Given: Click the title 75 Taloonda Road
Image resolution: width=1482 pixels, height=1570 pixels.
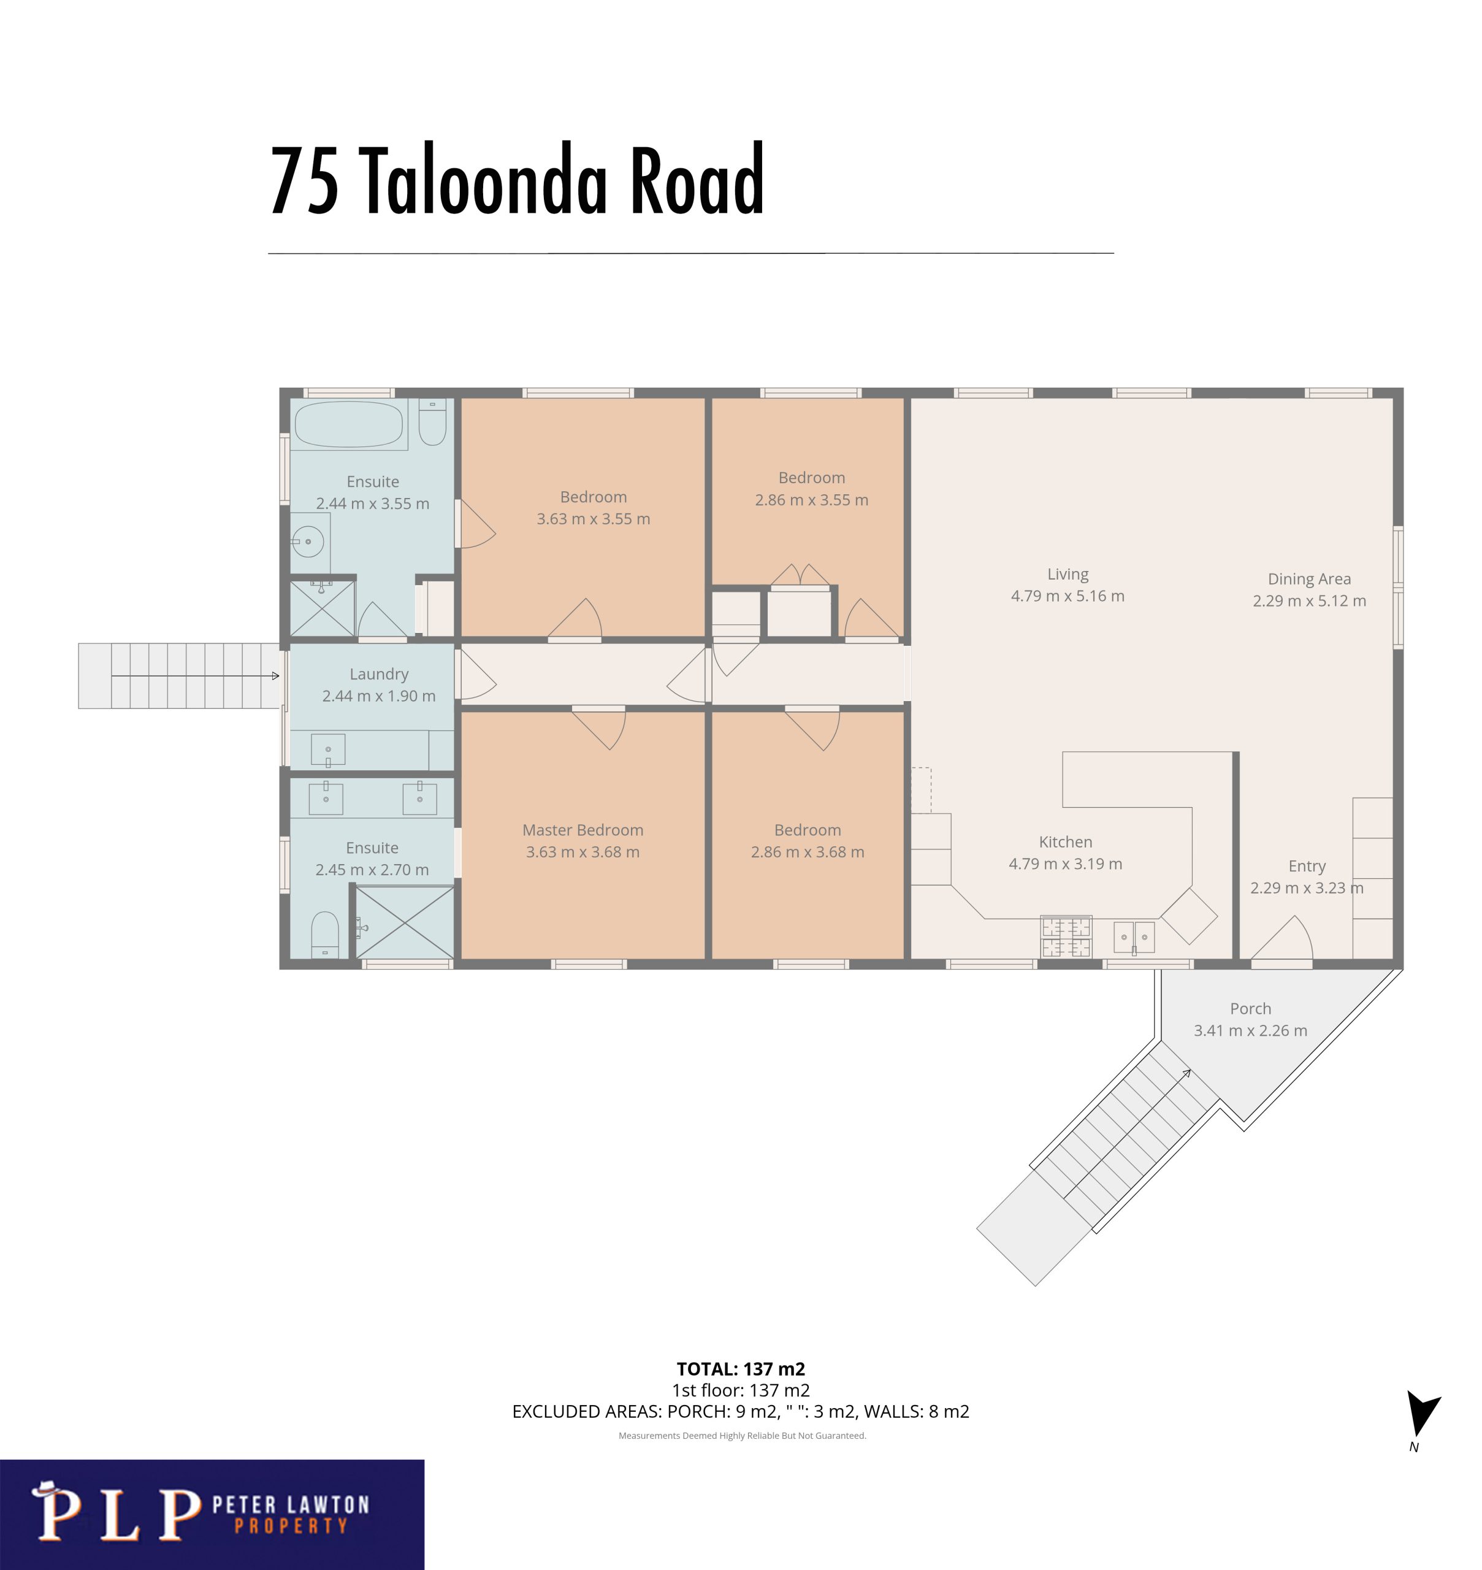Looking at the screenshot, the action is coord(517,181).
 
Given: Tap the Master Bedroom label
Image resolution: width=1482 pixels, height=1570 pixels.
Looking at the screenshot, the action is coord(583,830).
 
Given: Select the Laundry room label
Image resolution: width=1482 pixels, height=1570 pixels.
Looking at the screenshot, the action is coord(379,674).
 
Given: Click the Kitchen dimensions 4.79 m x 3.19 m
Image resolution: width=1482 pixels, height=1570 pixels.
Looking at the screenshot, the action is coord(1065,863).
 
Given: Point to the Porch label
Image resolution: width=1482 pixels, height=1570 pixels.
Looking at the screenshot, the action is coord(1251,1008).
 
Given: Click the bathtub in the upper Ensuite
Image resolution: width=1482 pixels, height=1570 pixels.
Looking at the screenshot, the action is coord(349,424).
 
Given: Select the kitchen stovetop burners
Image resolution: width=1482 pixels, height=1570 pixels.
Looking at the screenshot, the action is coord(1066,936).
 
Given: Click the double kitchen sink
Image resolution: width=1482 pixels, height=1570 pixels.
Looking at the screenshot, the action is coord(1134,938).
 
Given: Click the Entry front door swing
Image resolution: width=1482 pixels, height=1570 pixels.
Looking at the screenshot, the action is coord(1282,939).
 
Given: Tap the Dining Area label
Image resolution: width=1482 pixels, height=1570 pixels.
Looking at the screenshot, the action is coord(1309,579).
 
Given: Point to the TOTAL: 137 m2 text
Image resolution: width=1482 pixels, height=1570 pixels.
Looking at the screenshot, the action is coord(741,1368).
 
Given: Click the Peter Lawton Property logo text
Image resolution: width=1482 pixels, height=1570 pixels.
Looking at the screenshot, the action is coord(290,1514).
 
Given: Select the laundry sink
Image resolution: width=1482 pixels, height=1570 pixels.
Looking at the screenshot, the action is coord(328,750).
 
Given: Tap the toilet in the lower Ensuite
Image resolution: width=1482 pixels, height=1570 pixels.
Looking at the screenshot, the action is coord(325,935).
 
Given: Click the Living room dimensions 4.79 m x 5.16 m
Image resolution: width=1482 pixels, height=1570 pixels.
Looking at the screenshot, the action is coord(1068,595).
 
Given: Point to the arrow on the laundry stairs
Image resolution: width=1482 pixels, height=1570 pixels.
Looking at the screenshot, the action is coord(195,676).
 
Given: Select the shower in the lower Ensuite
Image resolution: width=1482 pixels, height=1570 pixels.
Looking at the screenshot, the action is coord(405,923).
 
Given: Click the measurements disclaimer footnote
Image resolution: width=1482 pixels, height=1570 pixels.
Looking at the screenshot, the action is coord(742,1436).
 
